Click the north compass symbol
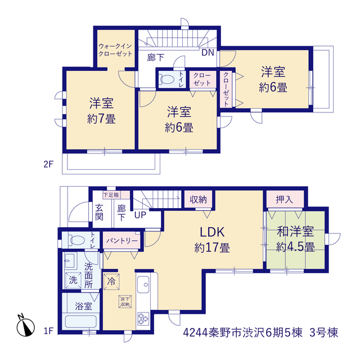[25, 326]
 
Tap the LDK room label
[212, 232]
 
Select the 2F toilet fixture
[166, 79]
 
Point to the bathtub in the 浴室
[80, 321]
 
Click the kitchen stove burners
[143, 318]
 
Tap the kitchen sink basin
[143, 285]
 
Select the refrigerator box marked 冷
[111, 281]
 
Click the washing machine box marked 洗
[73, 280]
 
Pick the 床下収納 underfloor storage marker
[125, 301]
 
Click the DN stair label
[208, 53]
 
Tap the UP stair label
[140, 215]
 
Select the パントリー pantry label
[121, 241]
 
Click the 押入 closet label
[285, 200]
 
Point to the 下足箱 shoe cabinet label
[111, 195]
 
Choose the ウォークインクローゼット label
[115, 50]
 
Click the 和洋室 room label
[295, 231]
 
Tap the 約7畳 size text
[101, 119]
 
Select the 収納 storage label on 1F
[198, 200]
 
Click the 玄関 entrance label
[99, 212]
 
